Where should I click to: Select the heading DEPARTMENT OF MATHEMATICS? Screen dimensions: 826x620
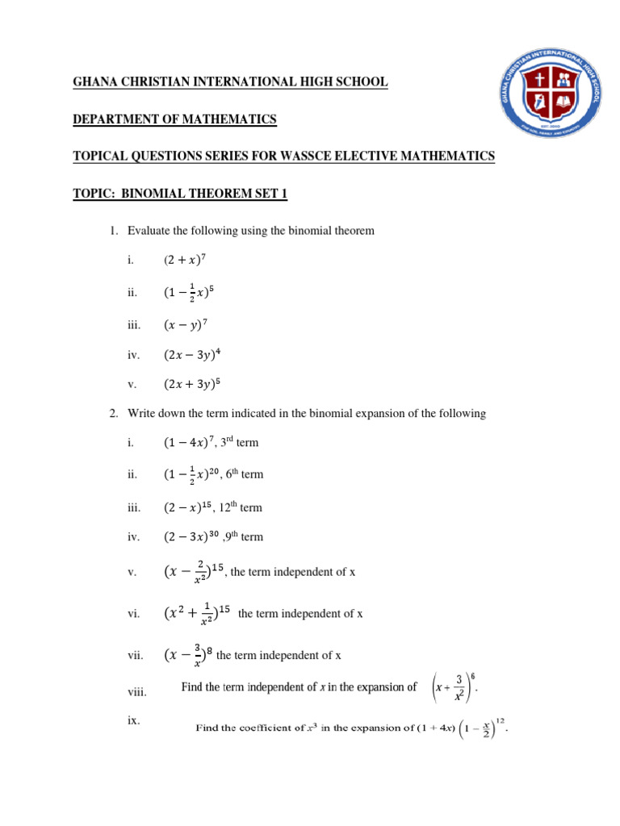click(x=175, y=119)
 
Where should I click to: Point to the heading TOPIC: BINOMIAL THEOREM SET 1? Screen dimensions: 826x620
click(x=180, y=194)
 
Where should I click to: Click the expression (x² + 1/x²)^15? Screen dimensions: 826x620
click(x=196, y=614)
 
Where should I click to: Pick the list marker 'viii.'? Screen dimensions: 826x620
click(x=135, y=691)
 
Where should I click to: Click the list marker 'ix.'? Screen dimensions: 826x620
click(x=133, y=720)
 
